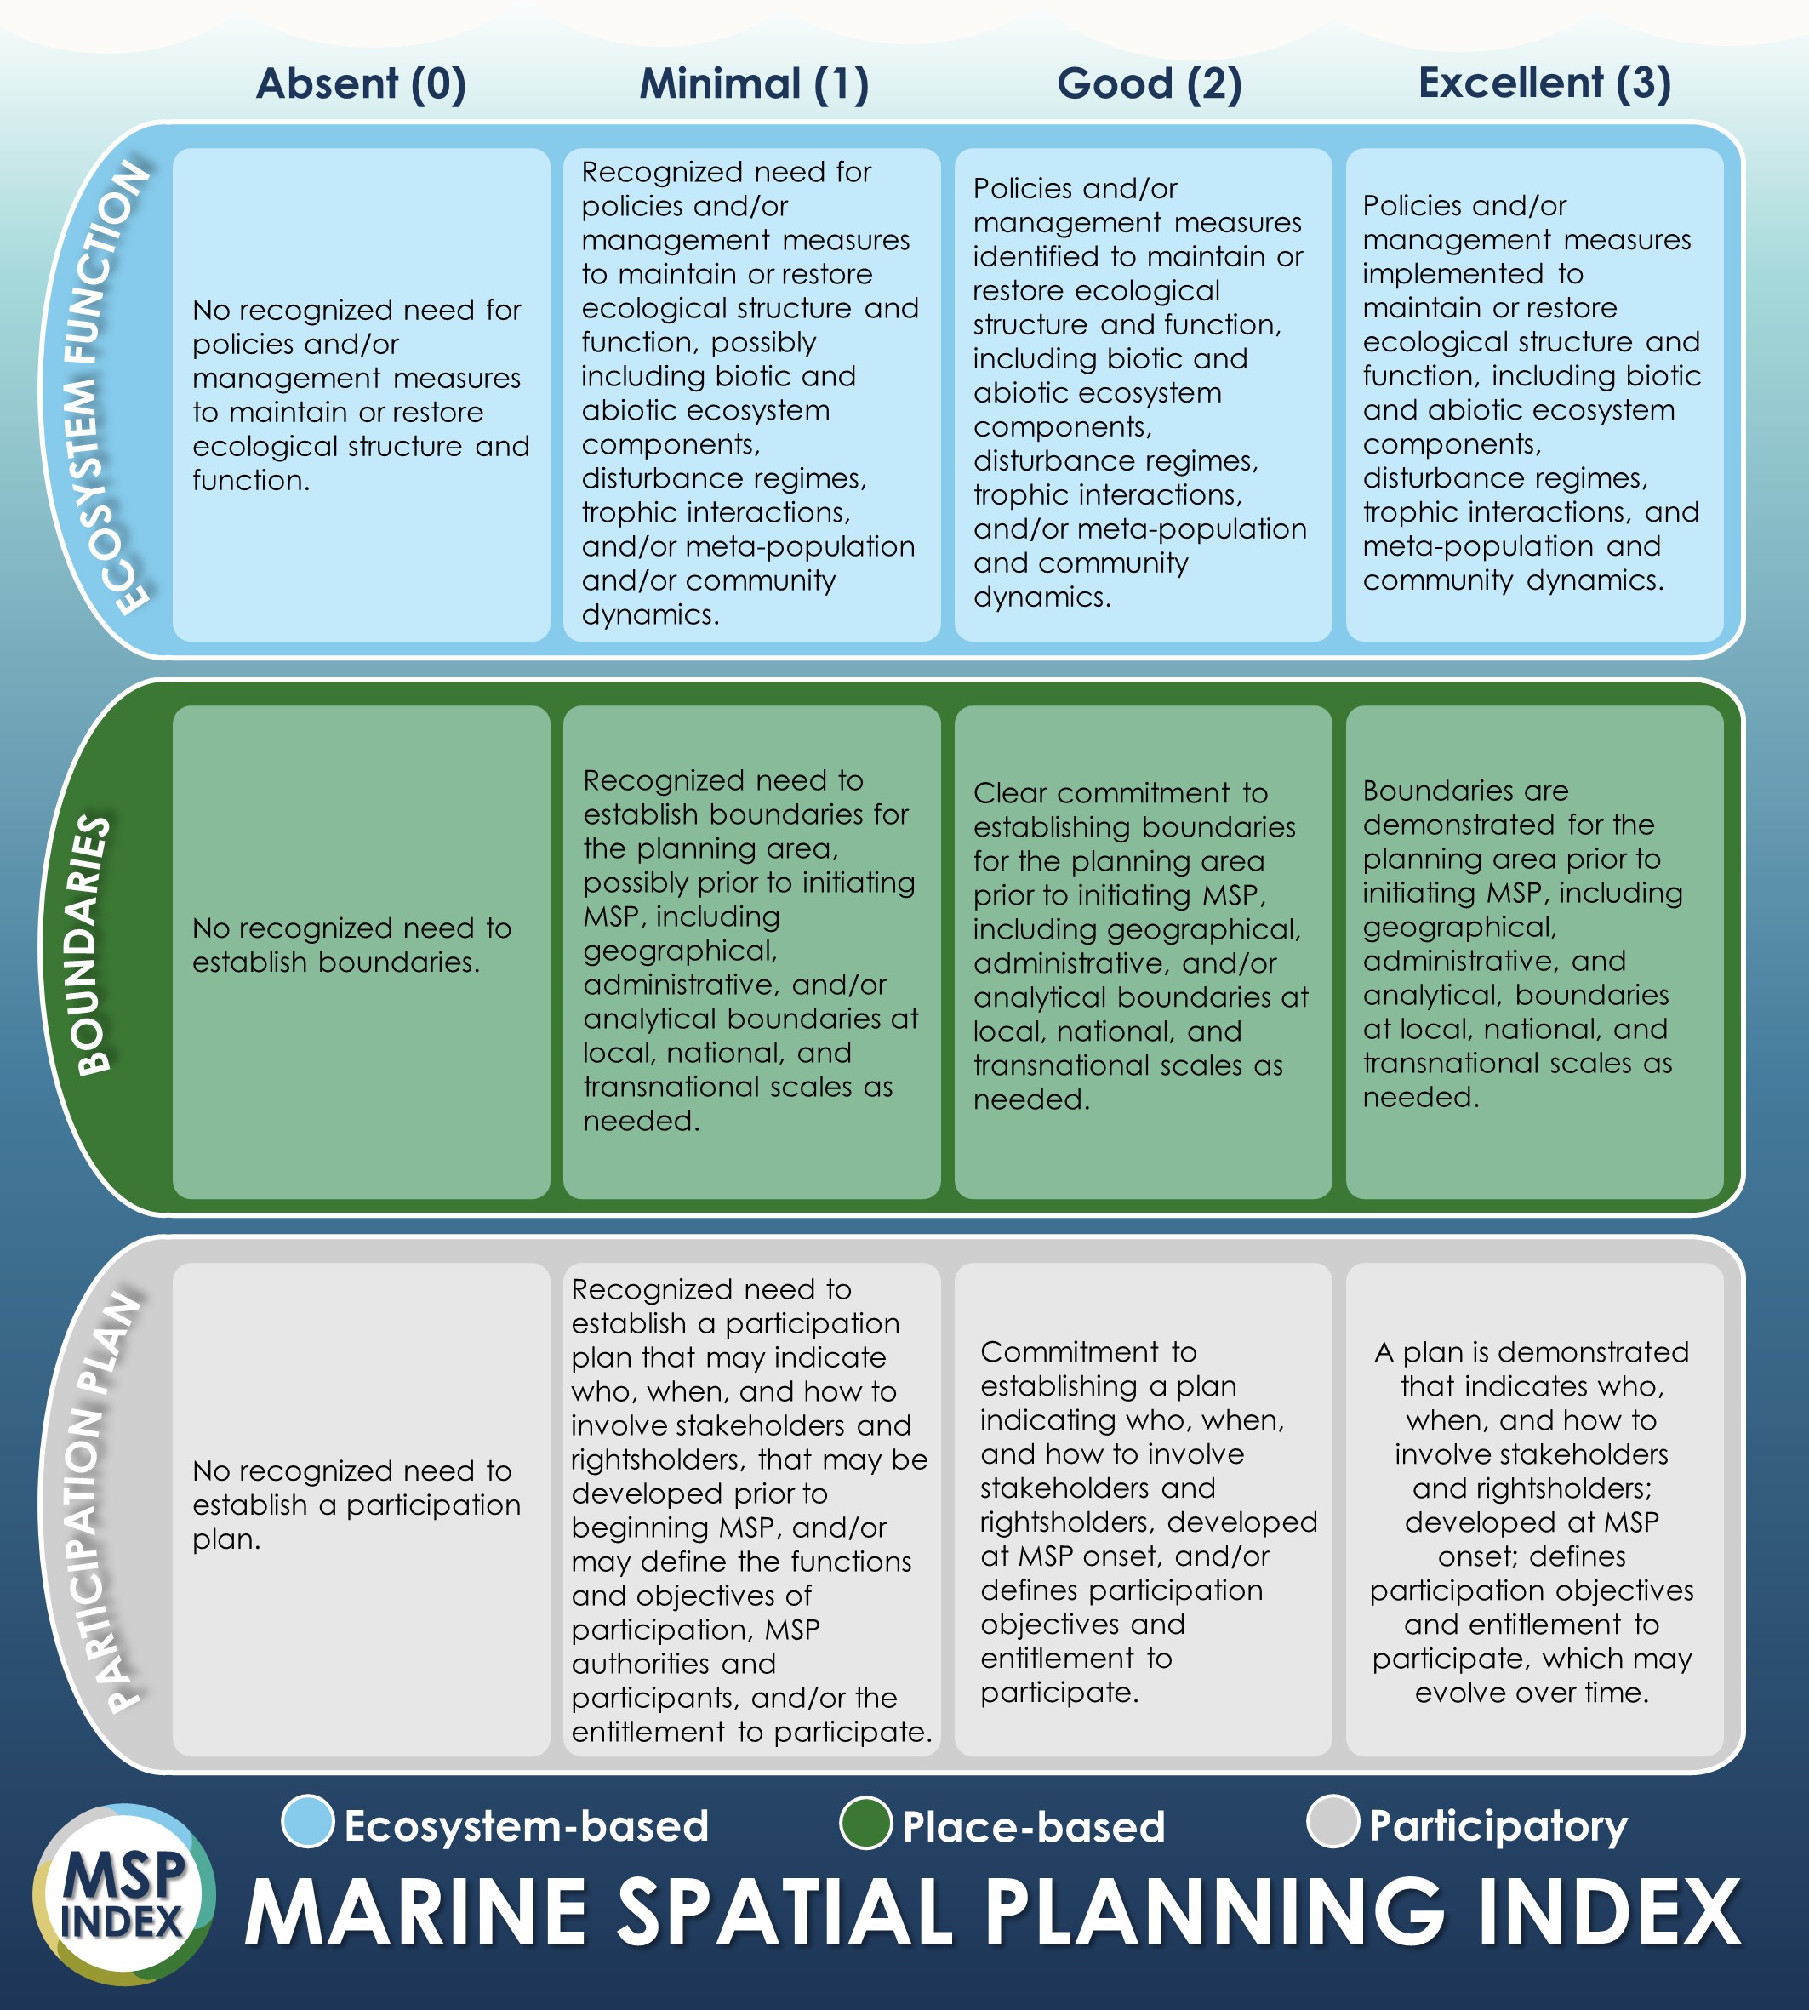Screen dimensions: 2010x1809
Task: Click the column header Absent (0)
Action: click(x=361, y=83)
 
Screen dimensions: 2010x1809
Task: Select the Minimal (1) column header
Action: click(x=753, y=83)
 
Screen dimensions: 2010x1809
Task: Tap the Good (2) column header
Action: click(x=1149, y=83)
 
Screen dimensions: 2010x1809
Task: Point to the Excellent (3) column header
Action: click(x=1544, y=83)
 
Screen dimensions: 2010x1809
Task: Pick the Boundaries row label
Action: click(x=94, y=945)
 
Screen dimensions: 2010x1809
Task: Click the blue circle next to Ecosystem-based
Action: click(x=308, y=1822)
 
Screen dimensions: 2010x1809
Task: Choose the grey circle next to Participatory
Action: click(x=1332, y=1822)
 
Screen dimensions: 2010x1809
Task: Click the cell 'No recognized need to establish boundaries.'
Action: click(x=361, y=951)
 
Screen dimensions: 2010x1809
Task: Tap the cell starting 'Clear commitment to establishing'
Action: click(x=1143, y=951)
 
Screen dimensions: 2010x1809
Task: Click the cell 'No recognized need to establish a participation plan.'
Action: click(x=361, y=1508)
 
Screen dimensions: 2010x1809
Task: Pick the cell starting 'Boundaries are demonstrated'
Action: click(x=1533, y=951)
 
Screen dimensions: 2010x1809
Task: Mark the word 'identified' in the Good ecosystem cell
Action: click(x=1036, y=256)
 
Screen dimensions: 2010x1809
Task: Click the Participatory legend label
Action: click(x=1498, y=1825)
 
